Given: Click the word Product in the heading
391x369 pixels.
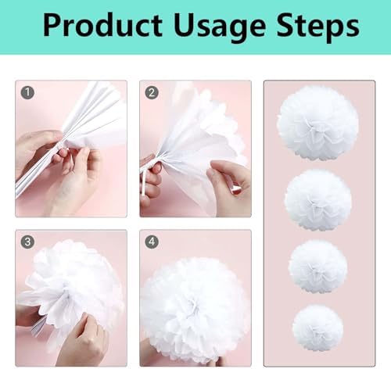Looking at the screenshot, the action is tap(103, 25).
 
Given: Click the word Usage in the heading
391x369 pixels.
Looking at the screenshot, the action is tap(220, 27).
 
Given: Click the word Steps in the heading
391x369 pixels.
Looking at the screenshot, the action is tap(317, 27).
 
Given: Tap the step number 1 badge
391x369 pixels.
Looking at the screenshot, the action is tap(27, 92).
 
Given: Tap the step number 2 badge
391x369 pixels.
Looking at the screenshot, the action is tap(152, 92).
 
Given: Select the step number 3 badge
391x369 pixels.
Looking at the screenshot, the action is tap(27, 242).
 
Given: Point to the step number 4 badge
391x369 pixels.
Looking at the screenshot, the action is tap(152, 242).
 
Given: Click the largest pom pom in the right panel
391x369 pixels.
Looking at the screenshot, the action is tap(317, 123).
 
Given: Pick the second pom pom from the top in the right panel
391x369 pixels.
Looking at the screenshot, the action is tap(318, 201).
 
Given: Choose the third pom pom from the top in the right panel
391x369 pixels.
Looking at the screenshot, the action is tap(318, 267).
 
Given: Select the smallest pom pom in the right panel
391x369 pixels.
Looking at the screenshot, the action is tap(317, 328).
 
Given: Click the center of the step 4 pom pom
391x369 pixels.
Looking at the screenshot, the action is tap(193, 303).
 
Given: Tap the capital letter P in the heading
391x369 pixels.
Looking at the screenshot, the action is tap(53, 25).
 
